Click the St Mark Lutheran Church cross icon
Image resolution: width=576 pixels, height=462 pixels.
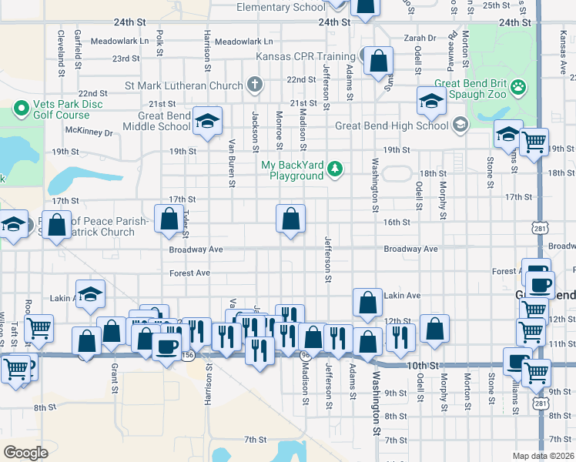coord(255,83)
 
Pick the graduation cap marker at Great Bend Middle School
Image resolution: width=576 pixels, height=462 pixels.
coord(206,121)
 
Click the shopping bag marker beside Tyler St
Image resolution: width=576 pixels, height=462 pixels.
coord(169,219)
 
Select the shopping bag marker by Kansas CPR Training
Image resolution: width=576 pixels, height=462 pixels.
coord(379,61)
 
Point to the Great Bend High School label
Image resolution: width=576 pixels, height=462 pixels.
coord(391,126)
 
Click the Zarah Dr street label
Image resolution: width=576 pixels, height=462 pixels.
coord(420,38)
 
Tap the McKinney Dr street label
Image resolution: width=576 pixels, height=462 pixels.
coord(89,132)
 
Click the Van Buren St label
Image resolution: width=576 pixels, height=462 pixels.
coord(231,163)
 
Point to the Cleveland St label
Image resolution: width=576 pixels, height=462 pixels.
coord(59,50)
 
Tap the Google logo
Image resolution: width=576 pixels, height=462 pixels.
coord(25,452)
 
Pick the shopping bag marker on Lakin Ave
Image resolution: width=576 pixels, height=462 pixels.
coord(368,303)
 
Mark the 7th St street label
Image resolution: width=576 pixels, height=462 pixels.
coord(255,440)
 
